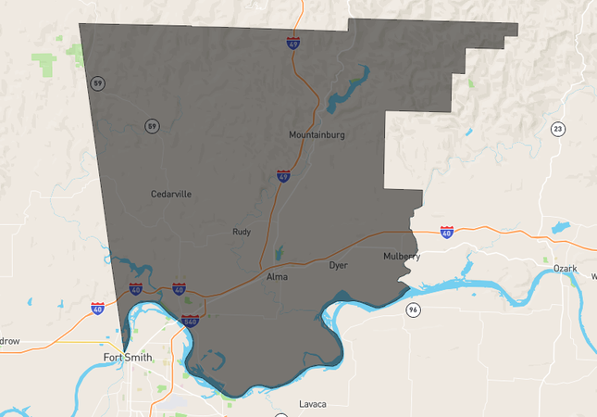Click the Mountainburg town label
point(317,135)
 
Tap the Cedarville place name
point(171,195)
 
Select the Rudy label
point(242,233)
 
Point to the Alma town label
point(277,277)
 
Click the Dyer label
point(338,266)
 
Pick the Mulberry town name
point(402,257)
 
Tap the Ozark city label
point(565,269)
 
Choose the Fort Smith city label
point(128,357)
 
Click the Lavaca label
point(313,404)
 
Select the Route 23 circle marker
point(556,128)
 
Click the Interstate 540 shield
point(191,321)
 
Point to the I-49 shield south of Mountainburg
point(283,176)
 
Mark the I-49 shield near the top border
point(293,43)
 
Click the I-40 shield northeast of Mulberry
point(447,231)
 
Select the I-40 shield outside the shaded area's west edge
point(97,308)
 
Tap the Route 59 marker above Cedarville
point(151,125)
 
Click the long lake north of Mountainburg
point(346,87)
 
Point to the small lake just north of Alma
point(280,252)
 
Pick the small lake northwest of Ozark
point(560,226)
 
